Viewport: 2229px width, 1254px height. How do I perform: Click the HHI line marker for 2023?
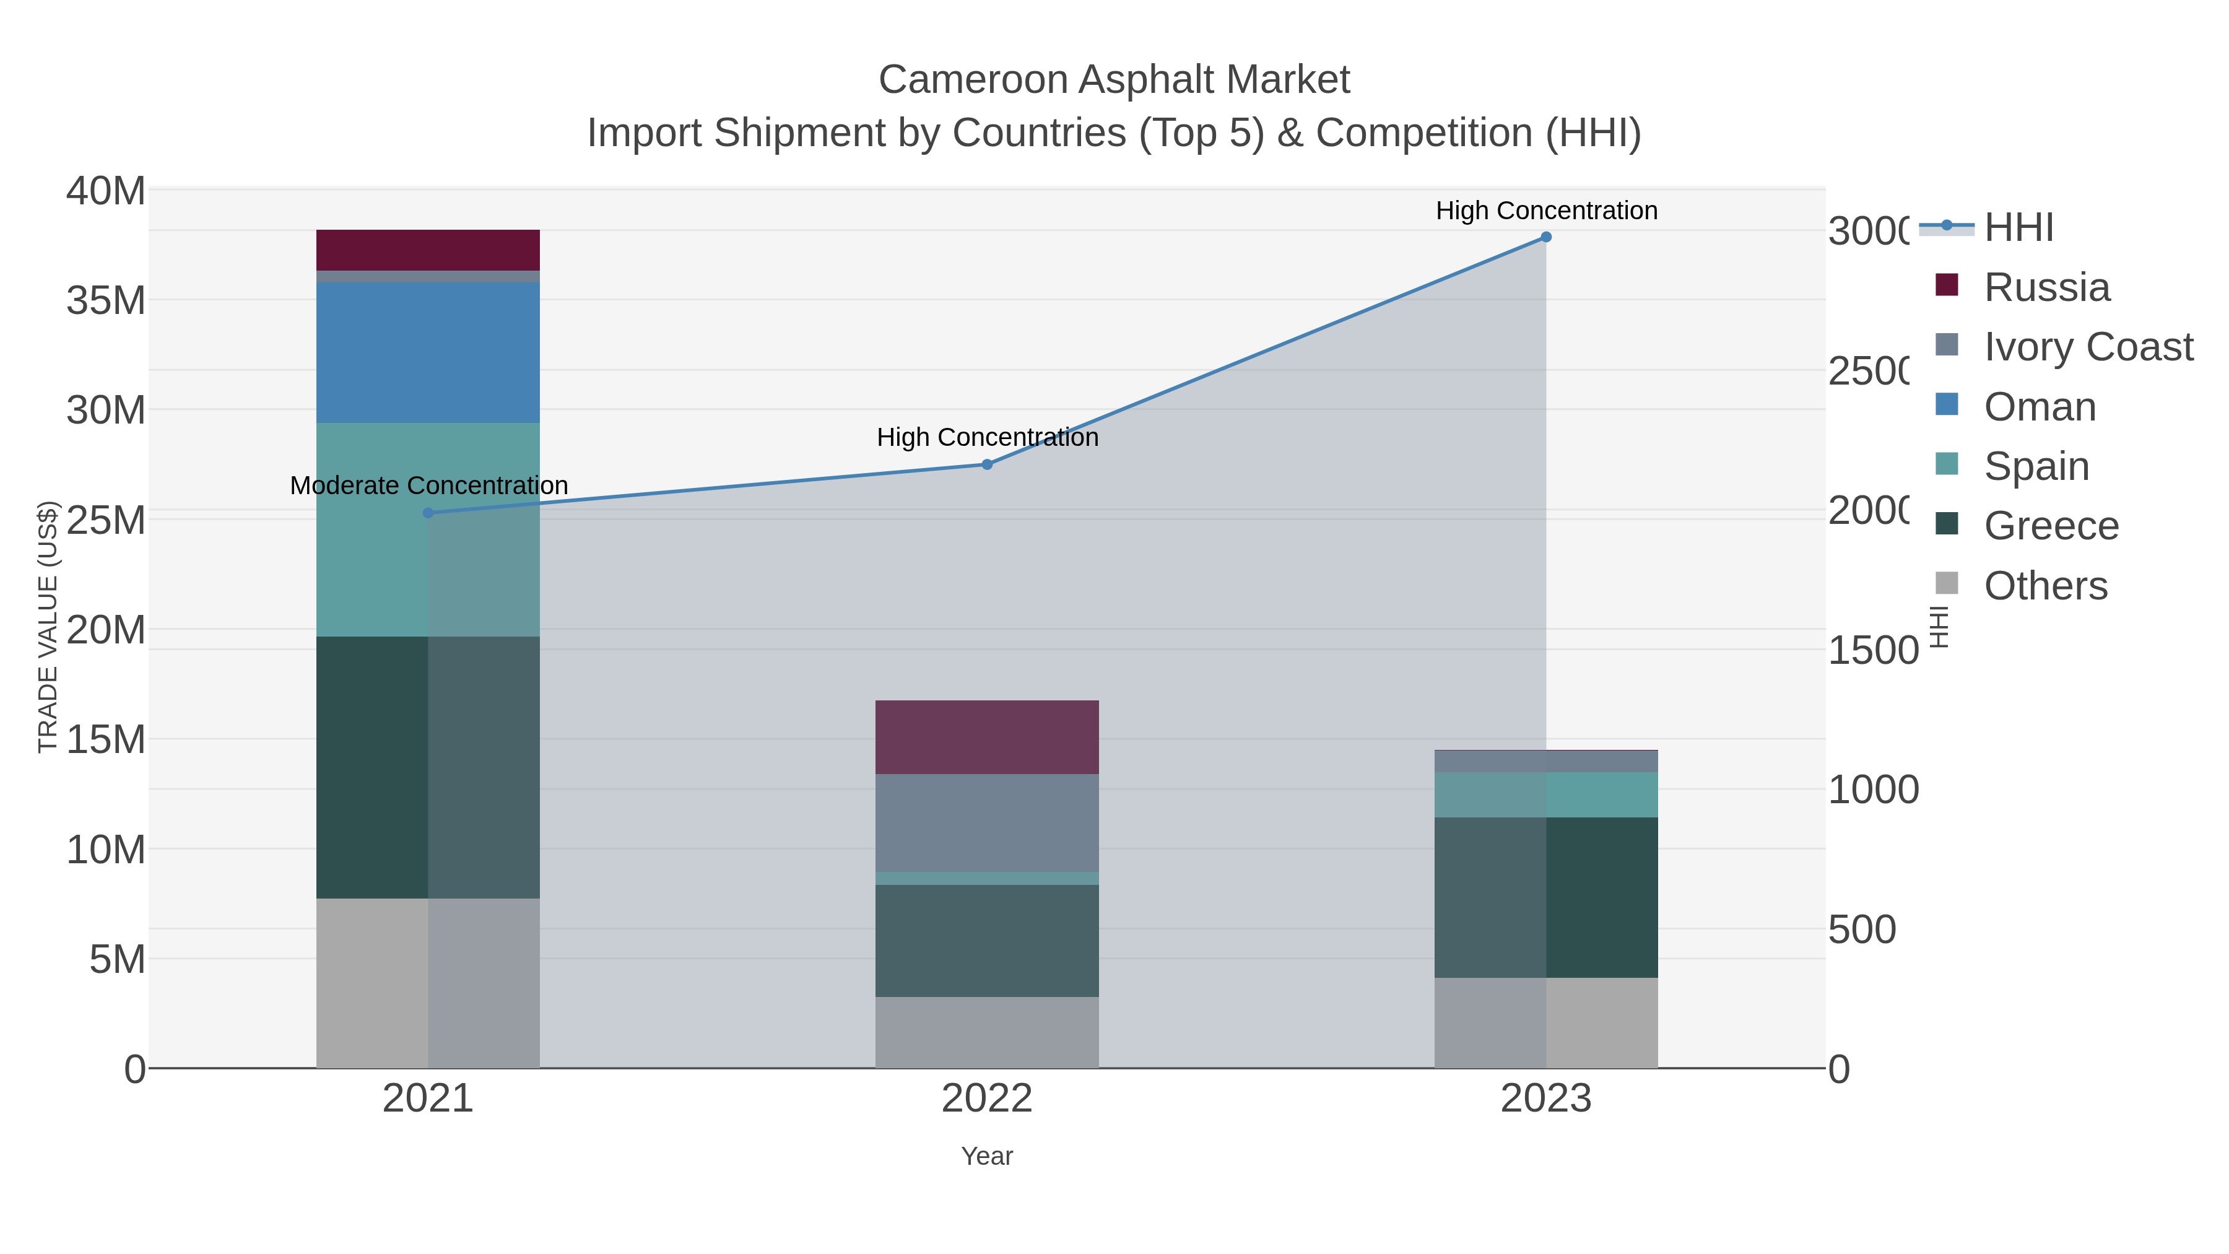(1545, 237)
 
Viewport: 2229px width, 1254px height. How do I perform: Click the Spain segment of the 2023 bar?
(1545, 795)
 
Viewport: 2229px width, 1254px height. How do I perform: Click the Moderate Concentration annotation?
(428, 485)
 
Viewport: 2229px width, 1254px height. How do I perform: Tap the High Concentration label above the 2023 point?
(1546, 211)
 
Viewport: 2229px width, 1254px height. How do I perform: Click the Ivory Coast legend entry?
(2087, 347)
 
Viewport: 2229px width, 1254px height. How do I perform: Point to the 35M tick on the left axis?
(105, 301)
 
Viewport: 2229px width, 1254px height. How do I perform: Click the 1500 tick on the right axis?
(1872, 651)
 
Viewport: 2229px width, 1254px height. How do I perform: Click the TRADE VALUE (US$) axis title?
(48, 627)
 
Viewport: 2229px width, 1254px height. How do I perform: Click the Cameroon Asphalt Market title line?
(1114, 80)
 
